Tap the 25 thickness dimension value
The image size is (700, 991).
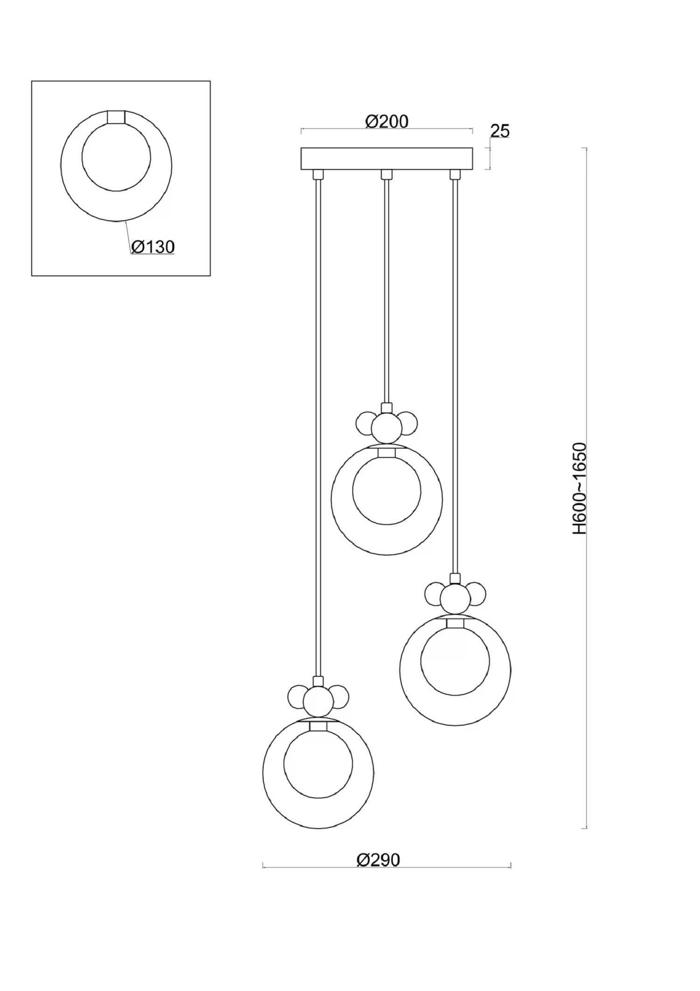click(x=500, y=131)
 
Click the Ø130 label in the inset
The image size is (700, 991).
click(x=153, y=246)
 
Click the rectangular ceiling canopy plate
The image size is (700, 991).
click(x=386, y=159)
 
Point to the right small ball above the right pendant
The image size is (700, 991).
click(x=476, y=594)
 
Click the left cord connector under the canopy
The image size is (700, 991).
click(x=318, y=175)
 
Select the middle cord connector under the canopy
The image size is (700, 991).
click(x=386, y=175)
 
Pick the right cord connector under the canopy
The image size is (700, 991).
click(x=455, y=175)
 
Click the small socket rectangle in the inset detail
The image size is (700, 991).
click(x=116, y=117)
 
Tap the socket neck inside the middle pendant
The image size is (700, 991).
click(x=386, y=452)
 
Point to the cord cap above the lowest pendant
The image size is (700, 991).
click(x=318, y=681)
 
